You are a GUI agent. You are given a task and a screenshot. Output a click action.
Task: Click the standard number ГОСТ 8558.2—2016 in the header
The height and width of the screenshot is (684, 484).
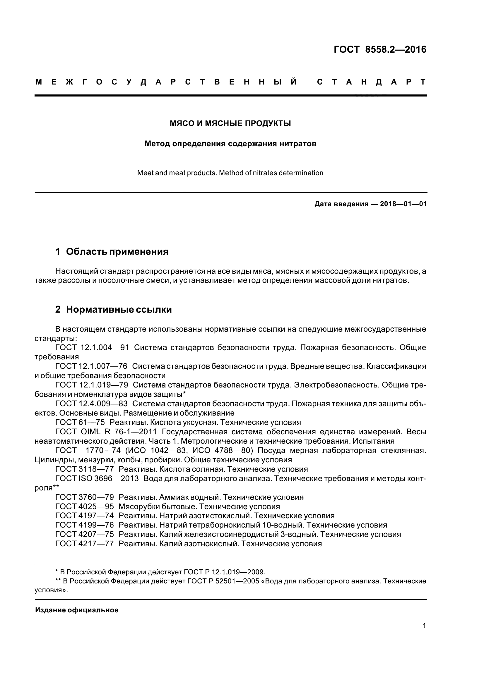[x=380, y=49]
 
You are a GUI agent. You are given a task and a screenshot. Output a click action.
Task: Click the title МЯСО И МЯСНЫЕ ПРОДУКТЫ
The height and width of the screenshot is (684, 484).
[x=230, y=123]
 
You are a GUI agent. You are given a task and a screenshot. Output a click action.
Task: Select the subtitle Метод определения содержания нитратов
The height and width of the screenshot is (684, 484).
[x=230, y=144]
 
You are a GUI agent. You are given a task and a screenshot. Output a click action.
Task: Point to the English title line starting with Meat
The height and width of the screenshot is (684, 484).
[x=230, y=173]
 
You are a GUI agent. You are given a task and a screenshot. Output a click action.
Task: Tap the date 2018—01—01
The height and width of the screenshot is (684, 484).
[x=403, y=204]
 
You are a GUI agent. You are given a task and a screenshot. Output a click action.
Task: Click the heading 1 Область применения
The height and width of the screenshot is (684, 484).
[x=112, y=252]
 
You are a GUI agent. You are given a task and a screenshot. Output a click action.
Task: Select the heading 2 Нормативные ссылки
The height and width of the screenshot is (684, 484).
[x=114, y=309]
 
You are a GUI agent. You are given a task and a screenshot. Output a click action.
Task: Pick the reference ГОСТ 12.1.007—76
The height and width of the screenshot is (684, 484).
[x=91, y=366]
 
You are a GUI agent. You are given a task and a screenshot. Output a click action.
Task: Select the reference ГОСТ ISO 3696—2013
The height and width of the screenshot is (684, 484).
[x=97, y=478]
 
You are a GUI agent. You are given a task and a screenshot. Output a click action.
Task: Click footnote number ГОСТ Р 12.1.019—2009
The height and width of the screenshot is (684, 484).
[x=224, y=572]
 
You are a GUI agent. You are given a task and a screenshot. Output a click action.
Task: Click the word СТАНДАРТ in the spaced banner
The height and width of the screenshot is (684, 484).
[x=371, y=82]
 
